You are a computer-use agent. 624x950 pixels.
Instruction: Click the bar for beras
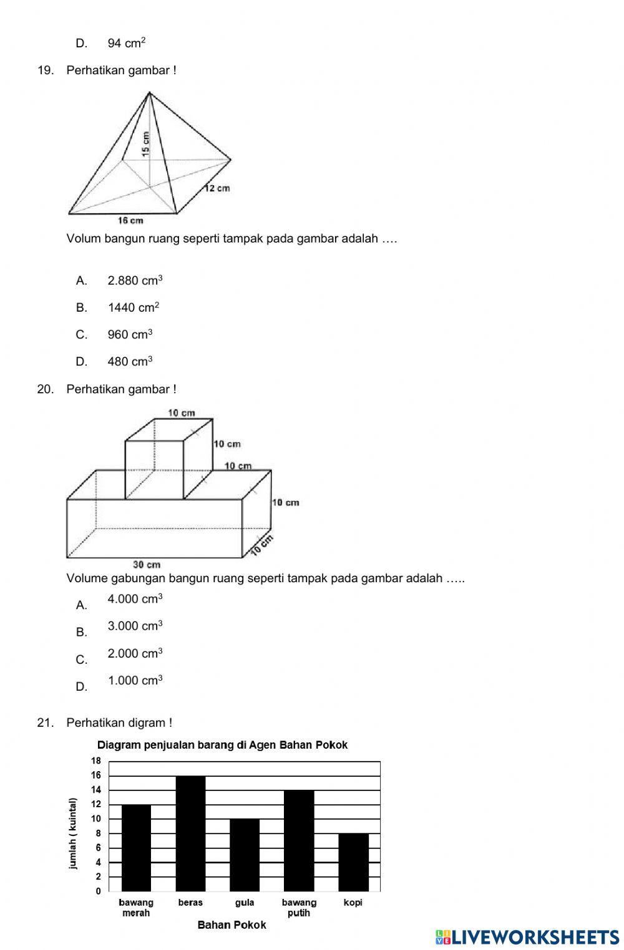point(190,833)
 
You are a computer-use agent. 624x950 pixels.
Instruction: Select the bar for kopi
point(353,862)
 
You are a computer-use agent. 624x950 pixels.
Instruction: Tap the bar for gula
point(245,855)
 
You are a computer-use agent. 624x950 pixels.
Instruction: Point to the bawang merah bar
point(136,848)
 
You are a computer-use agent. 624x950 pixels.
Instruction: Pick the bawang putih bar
point(299,840)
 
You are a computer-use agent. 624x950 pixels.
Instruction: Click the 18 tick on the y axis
point(96,761)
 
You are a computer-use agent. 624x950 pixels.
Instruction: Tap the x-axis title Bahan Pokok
point(232,925)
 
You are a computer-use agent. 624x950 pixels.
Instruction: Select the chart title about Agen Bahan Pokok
point(222,745)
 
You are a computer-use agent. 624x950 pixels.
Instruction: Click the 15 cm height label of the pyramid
point(145,143)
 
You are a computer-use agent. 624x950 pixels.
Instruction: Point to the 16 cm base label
point(130,220)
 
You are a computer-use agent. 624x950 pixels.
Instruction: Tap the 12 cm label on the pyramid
point(218,188)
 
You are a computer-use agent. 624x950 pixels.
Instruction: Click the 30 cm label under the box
point(147,565)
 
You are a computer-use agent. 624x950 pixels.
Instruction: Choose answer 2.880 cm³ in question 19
point(135,281)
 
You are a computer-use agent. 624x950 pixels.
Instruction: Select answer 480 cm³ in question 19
point(130,362)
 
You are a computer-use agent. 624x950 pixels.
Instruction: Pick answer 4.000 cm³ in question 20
point(135,599)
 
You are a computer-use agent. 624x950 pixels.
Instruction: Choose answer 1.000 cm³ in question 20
point(135,681)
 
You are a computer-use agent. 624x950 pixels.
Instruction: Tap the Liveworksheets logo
point(527,937)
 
